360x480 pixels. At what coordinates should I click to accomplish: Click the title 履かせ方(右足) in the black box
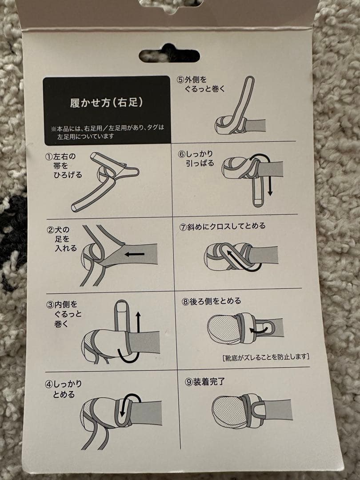[x=106, y=102]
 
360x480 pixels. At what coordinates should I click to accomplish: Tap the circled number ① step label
[x=49, y=157]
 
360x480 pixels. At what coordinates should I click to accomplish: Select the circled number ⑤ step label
[x=180, y=80]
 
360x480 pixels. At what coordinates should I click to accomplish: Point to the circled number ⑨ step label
[x=188, y=382]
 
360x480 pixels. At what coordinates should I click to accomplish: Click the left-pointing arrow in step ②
[x=134, y=254]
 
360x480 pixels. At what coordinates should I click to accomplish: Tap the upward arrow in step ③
[x=138, y=322]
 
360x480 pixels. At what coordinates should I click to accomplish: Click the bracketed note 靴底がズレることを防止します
[x=266, y=356]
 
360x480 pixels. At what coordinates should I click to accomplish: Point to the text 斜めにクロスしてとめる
[x=226, y=226]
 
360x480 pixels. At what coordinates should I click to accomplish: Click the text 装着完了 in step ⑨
[x=209, y=382]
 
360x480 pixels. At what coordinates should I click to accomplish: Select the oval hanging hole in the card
[x=169, y=56]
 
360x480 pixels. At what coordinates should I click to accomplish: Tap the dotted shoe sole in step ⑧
[x=223, y=327]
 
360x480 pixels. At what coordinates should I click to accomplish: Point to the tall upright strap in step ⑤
[x=244, y=101]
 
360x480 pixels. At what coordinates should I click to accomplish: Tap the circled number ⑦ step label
[x=183, y=227]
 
